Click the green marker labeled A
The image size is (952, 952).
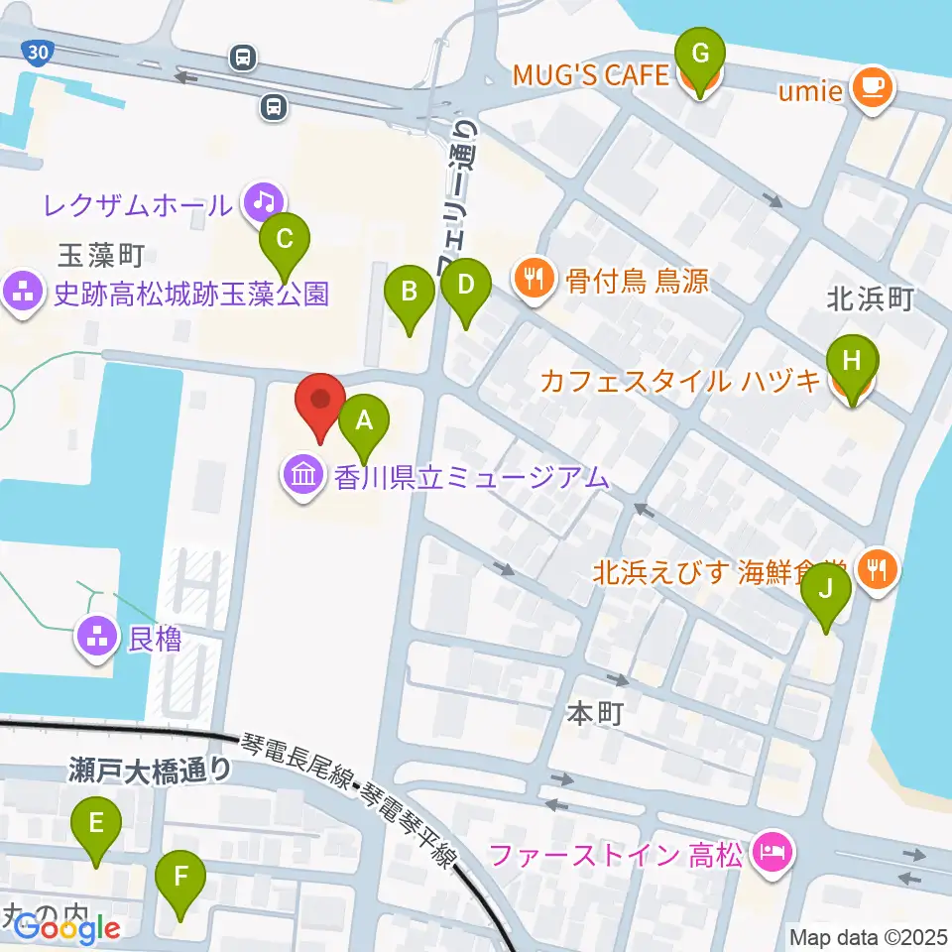(364, 423)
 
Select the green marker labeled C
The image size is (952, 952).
(285, 241)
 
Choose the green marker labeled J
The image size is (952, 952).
(826, 591)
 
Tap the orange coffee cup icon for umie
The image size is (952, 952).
(873, 90)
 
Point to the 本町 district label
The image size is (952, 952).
(594, 714)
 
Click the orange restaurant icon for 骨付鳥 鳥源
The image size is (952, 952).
(535, 280)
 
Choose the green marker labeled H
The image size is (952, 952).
(852, 360)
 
